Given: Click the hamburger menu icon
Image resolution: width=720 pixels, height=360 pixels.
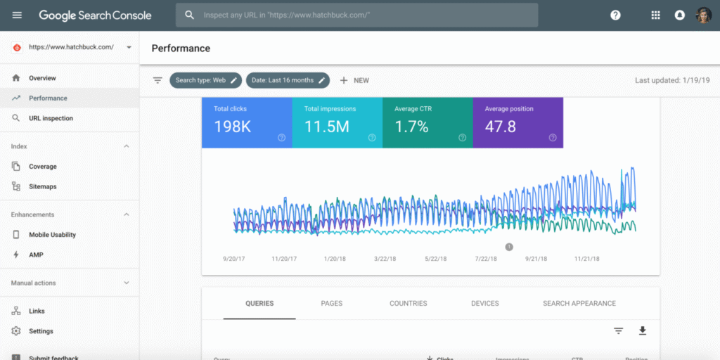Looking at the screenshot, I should tap(17, 15).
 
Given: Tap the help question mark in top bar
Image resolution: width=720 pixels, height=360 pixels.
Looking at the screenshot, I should tap(615, 15).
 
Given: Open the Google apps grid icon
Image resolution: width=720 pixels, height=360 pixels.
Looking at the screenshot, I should tap(655, 15).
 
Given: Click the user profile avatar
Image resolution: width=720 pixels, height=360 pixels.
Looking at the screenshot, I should tap(703, 15).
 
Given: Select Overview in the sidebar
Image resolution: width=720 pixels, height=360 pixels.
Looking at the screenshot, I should tap(42, 78).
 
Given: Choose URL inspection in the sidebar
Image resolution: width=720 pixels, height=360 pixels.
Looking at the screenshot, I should tap(51, 118).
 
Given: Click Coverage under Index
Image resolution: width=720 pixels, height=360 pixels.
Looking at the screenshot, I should tap(42, 167).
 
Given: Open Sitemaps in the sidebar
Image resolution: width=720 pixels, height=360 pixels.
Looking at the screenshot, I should tap(42, 186).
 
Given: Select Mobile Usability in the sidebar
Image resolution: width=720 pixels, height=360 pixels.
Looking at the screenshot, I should tap(52, 235).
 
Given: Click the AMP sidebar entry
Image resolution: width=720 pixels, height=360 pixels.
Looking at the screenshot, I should tap(35, 255).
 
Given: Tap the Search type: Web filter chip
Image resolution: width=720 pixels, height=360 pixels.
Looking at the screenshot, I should tap(205, 80).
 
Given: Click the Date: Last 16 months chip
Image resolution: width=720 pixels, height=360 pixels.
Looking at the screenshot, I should tap(287, 80).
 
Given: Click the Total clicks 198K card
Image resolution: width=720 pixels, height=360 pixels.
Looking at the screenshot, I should tap(246, 122).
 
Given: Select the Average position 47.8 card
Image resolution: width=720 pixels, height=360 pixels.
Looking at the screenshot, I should tap(517, 122).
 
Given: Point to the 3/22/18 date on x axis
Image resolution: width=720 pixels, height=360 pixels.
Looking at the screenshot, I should tap(385, 259).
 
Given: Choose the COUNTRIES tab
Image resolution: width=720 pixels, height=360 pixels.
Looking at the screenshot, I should tap(408, 304).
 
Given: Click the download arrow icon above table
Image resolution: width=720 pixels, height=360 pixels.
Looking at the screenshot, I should tap(642, 330).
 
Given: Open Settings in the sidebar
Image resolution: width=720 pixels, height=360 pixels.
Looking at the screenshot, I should tap(41, 331).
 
